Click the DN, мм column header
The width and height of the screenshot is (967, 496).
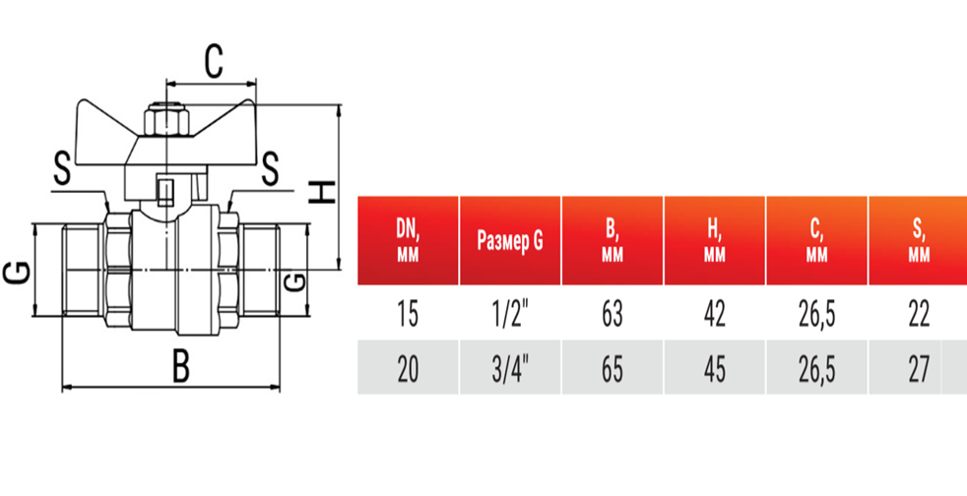(408, 241)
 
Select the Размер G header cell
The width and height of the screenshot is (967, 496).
(510, 241)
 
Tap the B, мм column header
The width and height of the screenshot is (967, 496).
(612, 241)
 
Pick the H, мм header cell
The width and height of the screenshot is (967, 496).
(715, 241)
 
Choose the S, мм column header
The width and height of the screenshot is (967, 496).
(919, 241)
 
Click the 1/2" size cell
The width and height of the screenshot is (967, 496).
(510, 314)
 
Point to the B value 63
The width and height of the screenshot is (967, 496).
(612, 314)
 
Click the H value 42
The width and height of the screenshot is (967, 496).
(715, 314)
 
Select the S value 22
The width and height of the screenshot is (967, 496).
(919, 314)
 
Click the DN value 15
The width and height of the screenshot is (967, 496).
(408, 314)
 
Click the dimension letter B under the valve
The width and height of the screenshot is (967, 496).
(180, 368)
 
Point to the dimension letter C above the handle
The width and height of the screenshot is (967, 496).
(214, 63)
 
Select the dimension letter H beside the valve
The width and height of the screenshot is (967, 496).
(322, 192)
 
